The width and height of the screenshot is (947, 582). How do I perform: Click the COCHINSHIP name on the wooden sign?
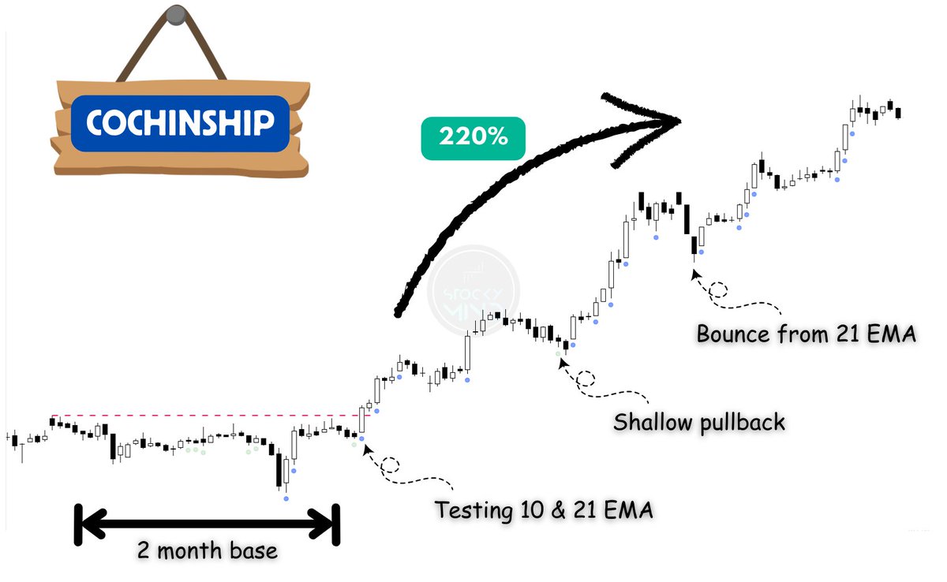tap(180, 123)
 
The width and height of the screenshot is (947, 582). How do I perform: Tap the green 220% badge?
tap(473, 136)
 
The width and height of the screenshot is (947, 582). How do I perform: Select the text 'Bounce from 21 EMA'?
tap(806, 334)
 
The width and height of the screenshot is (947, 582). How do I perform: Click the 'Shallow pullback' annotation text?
tap(699, 423)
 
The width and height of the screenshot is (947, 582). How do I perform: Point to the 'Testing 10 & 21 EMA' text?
tap(544, 510)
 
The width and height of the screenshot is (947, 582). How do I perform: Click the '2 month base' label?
tap(207, 550)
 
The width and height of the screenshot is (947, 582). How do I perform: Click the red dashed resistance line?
tap(205, 416)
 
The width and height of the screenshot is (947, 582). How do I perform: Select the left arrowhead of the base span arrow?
tap(88, 522)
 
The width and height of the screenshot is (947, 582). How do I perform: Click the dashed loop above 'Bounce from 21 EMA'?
tap(718, 289)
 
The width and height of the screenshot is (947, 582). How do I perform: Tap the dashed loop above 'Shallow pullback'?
tap(586, 378)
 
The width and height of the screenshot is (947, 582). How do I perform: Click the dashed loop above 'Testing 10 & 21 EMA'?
tap(390, 465)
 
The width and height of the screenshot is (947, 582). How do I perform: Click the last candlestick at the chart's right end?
tap(899, 113)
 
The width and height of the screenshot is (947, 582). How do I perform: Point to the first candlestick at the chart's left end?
tap(14, 439)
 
